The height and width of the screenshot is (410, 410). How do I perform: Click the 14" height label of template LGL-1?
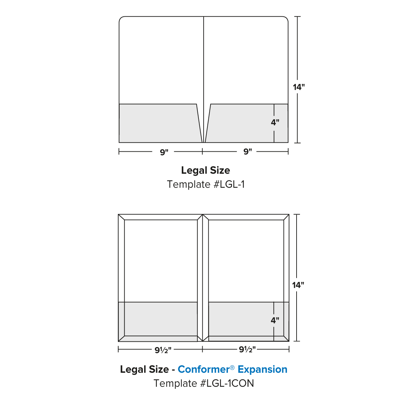coord(299,87)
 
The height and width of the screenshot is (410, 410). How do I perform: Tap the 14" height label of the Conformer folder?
coord(298,285)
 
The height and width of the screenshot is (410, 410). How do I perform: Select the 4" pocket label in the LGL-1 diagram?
coord(275,122)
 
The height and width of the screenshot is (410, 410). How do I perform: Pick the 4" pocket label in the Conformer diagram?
coord(275,320)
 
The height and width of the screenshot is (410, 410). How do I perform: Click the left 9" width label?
coord(164,152)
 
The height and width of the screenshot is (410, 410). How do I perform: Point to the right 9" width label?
coord(248,152)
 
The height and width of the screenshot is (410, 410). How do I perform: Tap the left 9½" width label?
coord(163,350)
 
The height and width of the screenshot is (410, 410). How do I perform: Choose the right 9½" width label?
coord(247,350)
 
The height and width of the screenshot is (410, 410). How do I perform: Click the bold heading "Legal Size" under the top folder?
coord(205,170)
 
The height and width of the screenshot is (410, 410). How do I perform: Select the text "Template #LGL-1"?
coord(206,184)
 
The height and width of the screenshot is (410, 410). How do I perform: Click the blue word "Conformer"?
coord(203,369)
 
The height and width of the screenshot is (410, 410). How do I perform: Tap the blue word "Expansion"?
coord(262,369)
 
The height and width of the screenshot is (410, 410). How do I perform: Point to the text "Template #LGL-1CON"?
coord(204,383)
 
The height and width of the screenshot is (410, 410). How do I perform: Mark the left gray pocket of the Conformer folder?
coord(158,320)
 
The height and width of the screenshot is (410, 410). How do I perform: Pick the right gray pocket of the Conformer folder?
coord(239,320)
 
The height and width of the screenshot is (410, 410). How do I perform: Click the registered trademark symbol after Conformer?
coord(232,367)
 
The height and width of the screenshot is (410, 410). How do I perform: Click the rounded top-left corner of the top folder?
coord(121,18)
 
